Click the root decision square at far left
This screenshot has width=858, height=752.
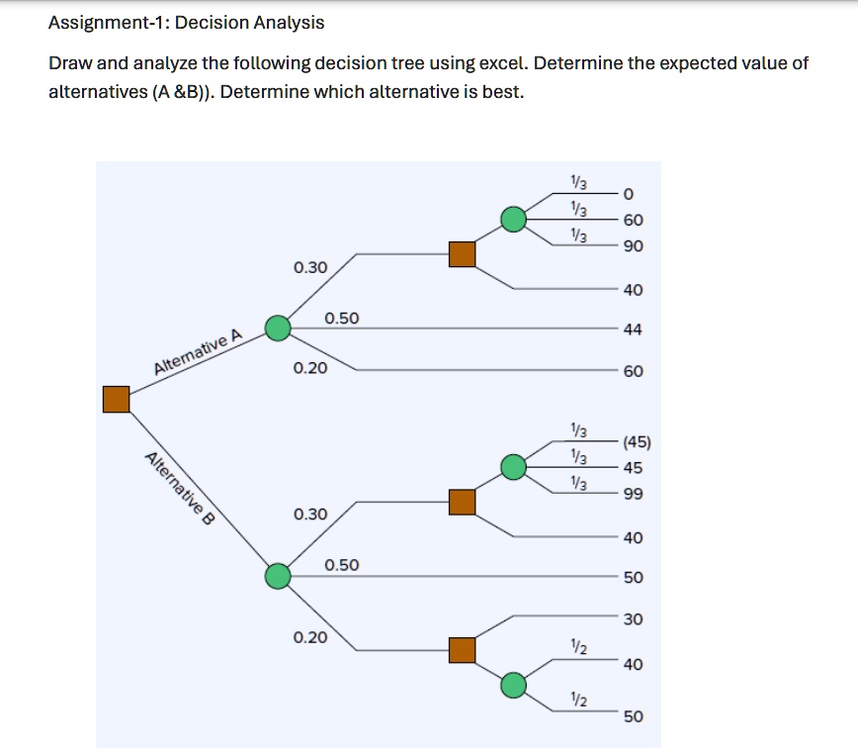[x=117, y=399]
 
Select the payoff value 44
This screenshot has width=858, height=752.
[x=634, y=329]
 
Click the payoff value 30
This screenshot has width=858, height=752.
[x=634, y=619]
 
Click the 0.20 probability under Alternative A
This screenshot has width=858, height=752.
[x=310, y=368]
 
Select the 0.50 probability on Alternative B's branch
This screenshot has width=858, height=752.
[x=342, y=565]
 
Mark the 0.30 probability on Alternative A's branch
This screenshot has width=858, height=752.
[x=310, y=267]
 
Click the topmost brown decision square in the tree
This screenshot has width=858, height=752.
[x=463, y=254]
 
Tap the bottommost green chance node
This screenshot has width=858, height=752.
[x=513, y=685]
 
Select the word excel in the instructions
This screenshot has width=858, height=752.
[x=503, y=63]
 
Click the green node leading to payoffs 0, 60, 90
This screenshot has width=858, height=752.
[x=513, y=219]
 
